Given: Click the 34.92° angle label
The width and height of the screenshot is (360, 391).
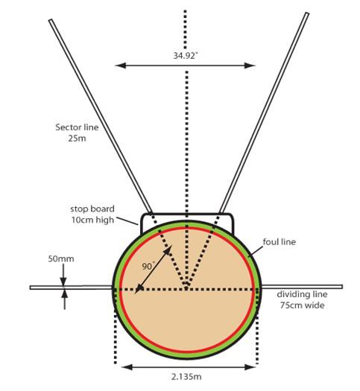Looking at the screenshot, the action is [186, 56].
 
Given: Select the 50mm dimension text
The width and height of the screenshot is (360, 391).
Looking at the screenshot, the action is [61, 258].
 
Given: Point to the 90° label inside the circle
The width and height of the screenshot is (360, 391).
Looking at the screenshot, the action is [148, 266].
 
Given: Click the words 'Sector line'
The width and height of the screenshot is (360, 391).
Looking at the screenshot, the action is [77, 127].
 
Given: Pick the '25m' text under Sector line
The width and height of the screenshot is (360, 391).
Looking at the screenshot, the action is [77, 138].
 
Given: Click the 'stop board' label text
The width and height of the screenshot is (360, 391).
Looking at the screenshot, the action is [92, 209].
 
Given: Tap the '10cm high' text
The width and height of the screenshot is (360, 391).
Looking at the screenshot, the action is [93, 220].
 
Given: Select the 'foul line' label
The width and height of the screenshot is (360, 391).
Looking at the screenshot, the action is [280, 241].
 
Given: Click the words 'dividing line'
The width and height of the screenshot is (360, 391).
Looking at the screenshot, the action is [302, 294].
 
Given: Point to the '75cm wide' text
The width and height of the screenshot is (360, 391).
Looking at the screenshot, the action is [302, 305].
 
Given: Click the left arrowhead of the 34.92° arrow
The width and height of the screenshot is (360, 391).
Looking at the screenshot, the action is [120, 66].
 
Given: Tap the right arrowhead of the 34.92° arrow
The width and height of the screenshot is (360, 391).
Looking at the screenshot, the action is [250, 66].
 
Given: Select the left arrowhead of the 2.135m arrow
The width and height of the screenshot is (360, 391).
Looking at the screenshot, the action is [127, 367].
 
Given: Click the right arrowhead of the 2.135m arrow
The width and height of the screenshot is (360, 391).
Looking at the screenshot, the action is [250, 367].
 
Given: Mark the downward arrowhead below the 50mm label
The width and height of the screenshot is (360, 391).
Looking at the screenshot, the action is [63, 282].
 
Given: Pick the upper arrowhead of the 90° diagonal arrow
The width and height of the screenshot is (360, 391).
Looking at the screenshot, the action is [168, 249].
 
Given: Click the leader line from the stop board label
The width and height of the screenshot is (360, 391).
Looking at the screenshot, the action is [127, 221].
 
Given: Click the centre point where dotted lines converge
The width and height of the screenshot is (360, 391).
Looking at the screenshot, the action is [186, 289].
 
